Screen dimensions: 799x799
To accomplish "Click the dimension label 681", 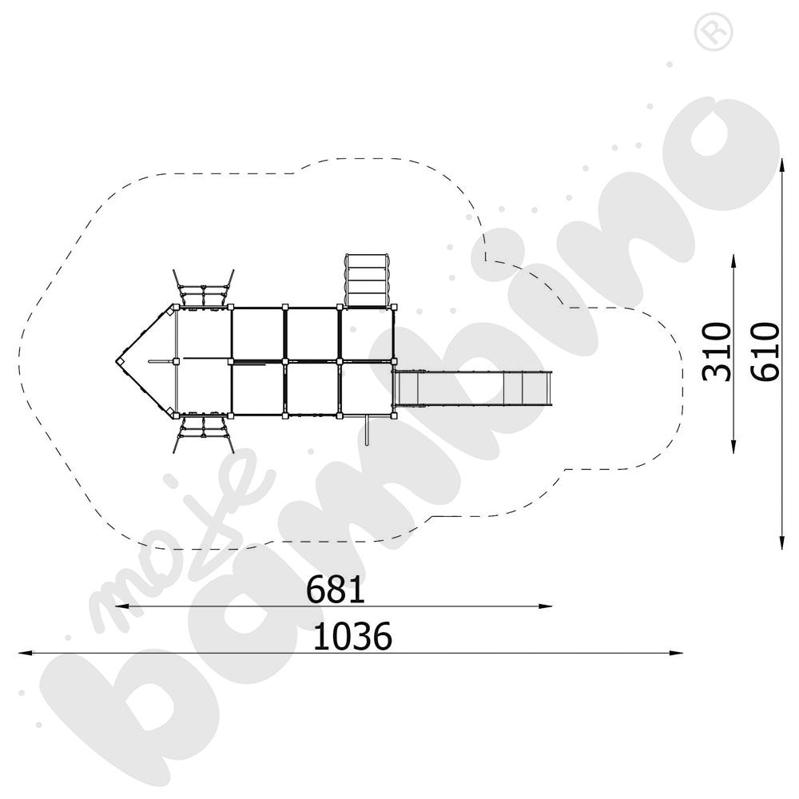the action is (336, 590).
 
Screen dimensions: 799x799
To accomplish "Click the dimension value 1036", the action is (352, 636).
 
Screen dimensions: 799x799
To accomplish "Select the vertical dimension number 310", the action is (717, 352).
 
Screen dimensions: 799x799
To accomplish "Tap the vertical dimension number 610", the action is (765, 352).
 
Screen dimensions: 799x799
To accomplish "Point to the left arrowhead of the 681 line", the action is (122, 606).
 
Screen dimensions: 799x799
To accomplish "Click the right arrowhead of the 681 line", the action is (546, 606).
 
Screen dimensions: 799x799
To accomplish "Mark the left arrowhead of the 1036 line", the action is (26, 652).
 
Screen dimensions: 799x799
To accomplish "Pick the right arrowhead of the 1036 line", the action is (676, 652).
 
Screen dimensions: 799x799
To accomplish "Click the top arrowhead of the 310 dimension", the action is (733, 261).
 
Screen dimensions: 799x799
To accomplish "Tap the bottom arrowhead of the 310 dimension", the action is (733, 447).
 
